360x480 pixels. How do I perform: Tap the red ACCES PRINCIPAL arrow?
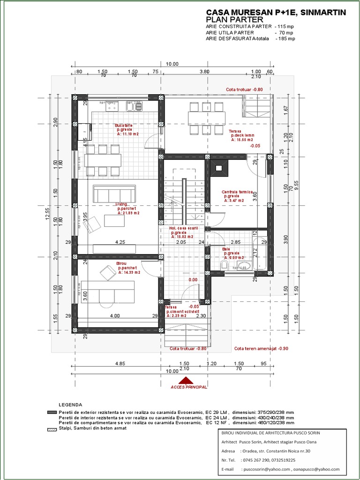186,381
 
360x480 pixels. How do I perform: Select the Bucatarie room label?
124,126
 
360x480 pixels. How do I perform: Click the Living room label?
122,204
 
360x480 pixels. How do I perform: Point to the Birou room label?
121,264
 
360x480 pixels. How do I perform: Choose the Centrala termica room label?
237,192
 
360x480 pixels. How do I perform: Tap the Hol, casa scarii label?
183,228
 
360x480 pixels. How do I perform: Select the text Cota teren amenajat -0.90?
262,349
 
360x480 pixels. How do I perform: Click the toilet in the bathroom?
224,267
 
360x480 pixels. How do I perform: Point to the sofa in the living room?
114,194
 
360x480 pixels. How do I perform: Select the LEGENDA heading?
70,405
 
